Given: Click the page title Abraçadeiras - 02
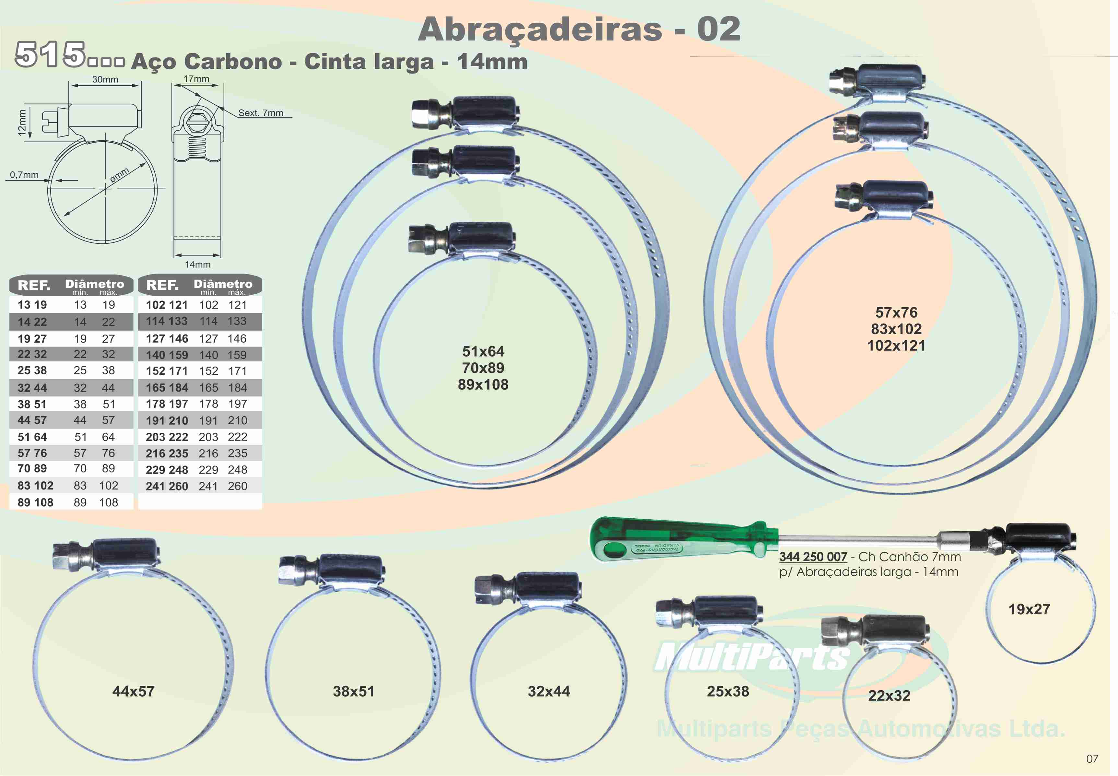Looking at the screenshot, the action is click(x=579, y=30).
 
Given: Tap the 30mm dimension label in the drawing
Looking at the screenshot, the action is click(x=105, y=79).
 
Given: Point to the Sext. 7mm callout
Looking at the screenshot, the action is click(x=261, y=113).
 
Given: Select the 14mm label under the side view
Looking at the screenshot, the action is click(x=197, y=265).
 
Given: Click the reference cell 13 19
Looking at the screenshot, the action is click(x=32, y=305).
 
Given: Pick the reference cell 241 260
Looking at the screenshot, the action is click(x=167, y=486).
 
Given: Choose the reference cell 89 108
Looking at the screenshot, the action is click(x=35, y=502).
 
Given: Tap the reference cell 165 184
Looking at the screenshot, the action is click(x=167, y=388).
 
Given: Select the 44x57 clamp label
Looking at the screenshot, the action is click(x=133, y=691).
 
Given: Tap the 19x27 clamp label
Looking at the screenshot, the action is click(x=1029, y=609).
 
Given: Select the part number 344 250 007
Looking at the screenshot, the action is click(x=813, y=557).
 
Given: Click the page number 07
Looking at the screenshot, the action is click(x=1092, y=758).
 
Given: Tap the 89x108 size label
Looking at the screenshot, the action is click(x=483, y=384).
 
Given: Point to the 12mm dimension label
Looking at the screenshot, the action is click(x=21, y=122).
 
